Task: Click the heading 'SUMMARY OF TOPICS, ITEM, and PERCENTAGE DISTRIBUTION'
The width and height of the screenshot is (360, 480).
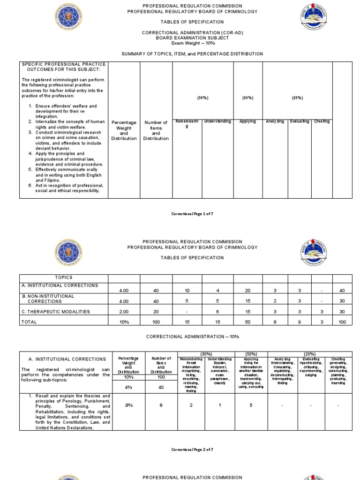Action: click(x=192, y=54)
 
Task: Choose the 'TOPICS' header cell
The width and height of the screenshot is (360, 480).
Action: click(x=63, y=277)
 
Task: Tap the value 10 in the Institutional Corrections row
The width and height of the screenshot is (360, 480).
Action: click(x=187, y=291)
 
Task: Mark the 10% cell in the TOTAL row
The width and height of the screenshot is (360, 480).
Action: click(x=124, y=322)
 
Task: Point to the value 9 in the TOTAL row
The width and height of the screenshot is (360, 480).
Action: click(x=299, y=322)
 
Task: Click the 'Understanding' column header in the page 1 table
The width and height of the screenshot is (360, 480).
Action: click(x=217, y=121)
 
